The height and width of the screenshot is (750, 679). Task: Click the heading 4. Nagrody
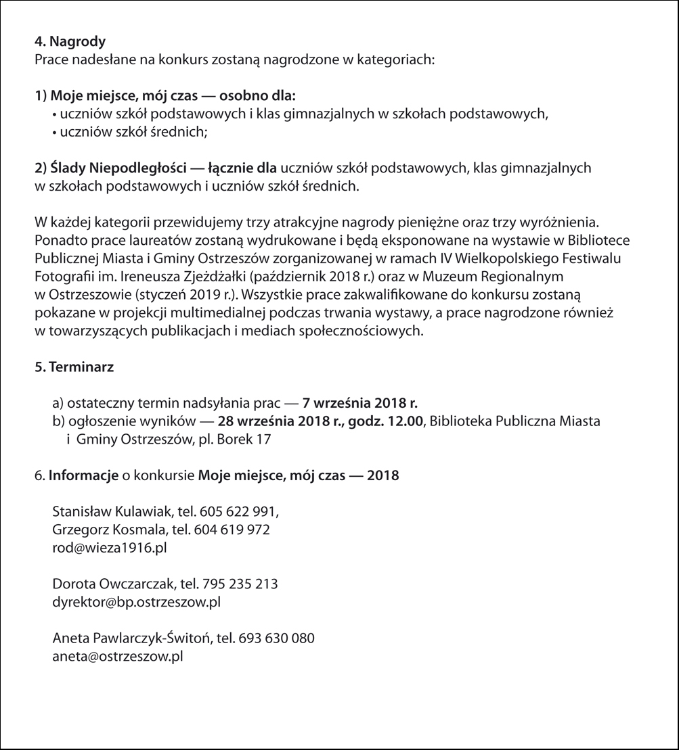pyautogui.click(x=70, y=42)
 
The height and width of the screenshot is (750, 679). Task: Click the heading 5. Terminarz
pyautogui.click(x=74, y=367)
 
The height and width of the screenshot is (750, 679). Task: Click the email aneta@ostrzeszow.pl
pyautogui.click(x=118, y=655)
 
